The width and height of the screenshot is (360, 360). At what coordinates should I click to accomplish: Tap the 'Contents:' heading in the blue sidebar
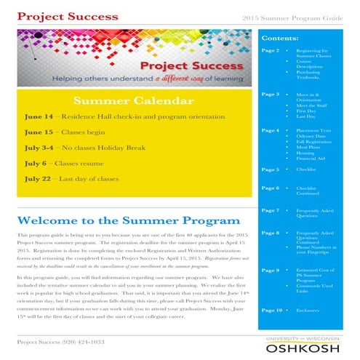point(279,36)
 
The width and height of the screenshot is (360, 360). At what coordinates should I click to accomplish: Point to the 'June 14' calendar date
point(38,116)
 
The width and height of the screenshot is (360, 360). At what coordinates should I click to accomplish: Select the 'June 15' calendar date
point(38,133)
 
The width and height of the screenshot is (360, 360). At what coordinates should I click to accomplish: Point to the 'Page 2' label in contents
point(270,51)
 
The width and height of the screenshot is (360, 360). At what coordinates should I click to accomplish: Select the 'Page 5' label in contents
point(270,169)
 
